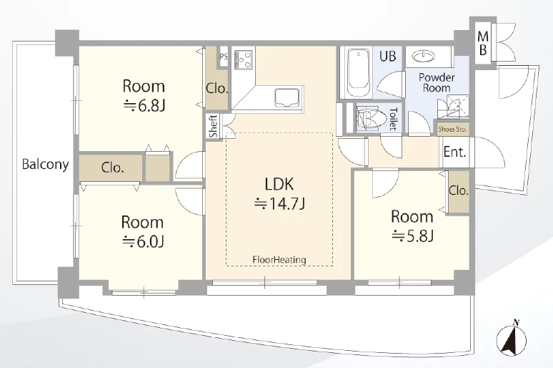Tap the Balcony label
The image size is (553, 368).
tap(45, 165)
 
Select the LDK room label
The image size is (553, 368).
tap(279, 184)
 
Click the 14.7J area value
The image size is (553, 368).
tap(279, 203)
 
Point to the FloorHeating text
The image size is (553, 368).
tap(279, 260)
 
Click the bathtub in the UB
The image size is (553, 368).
tap(359, 72)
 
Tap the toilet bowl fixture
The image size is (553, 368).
tap(369, 117)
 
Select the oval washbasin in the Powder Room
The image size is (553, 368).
tap(424, 57)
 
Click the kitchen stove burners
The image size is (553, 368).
tap(244, 59)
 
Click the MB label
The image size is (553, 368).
tap(483, 43)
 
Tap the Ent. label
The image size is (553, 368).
tap(454, 152)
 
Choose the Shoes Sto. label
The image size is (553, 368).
tap(452, 130)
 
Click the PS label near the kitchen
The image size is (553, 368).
tap(223, 57)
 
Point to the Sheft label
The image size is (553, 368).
tap(214, 126)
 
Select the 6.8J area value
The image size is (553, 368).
tap(144, 105)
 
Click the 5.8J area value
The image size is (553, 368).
tap(412, 236)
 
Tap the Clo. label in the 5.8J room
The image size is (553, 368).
tap(458, 191)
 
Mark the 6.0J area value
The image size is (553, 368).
tap(142, 241)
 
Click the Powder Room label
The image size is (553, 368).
tap(437, 83)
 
